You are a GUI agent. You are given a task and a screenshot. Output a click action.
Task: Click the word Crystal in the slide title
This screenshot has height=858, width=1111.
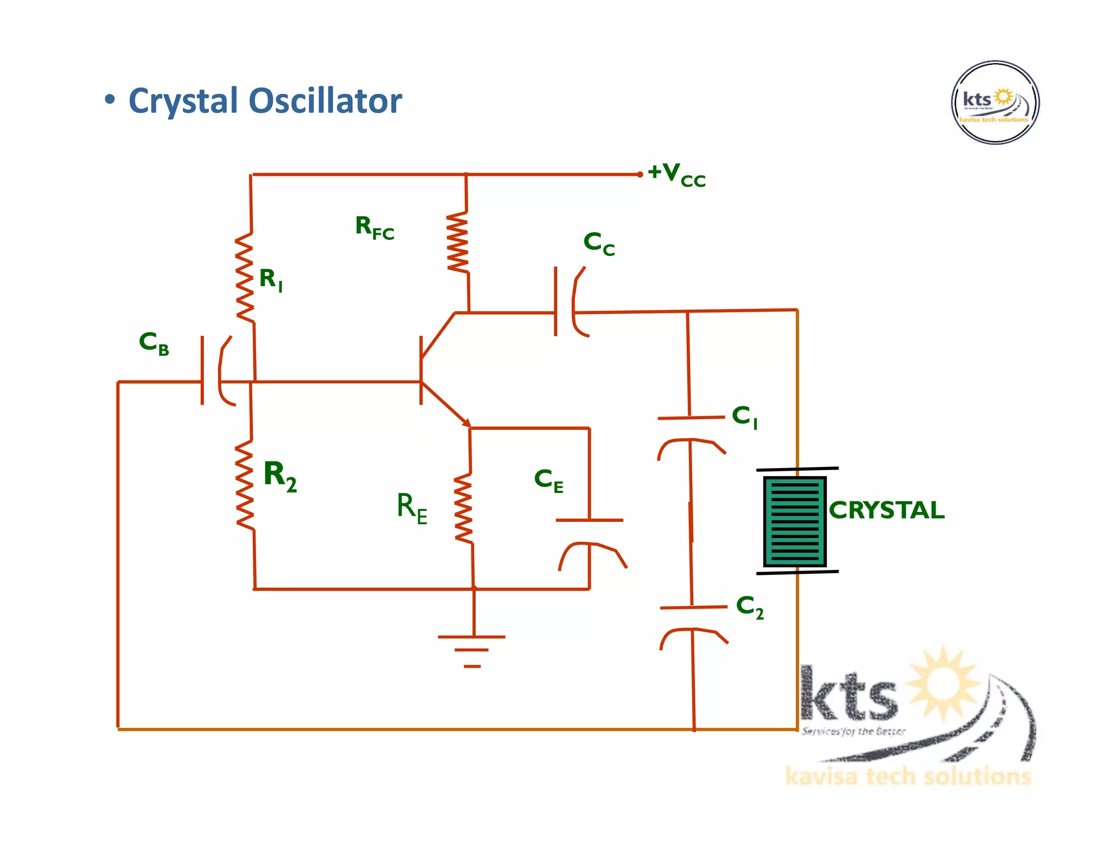point(183,101)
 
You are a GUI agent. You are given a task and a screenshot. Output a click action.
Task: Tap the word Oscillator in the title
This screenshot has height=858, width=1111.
point(325,101)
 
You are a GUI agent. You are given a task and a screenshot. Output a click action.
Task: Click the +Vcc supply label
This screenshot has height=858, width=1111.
point(676,175)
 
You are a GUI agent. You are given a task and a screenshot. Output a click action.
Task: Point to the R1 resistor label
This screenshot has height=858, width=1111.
point(271,279)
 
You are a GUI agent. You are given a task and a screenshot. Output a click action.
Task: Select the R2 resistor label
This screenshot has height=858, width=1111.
point(280,476)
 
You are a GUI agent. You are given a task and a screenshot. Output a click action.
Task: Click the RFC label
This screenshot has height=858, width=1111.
point(374,227)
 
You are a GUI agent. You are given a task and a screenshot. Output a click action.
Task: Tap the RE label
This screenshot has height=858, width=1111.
point(412,508)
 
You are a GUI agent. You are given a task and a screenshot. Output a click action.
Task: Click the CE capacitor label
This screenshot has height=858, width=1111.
point(548,481)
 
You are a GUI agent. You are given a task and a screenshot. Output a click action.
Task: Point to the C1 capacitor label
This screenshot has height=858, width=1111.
point(745,417)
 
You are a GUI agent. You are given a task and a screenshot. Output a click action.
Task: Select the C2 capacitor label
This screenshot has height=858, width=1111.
point(750,607)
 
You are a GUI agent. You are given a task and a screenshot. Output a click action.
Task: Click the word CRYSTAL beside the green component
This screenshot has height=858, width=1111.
point(886,510)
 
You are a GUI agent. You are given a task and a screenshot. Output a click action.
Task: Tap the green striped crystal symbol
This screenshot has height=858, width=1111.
point(795,521)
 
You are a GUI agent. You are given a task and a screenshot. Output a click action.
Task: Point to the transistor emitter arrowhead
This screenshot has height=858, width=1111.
point(466,422)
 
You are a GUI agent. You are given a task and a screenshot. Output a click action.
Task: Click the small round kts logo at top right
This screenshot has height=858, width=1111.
point(995,103)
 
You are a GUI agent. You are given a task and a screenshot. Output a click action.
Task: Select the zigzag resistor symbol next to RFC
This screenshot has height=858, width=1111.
point(457,242)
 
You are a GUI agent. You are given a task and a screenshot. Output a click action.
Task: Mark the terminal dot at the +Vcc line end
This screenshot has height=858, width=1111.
point(640,174)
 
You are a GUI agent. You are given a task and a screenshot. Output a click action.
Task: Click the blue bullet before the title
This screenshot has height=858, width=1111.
point(110,100)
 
